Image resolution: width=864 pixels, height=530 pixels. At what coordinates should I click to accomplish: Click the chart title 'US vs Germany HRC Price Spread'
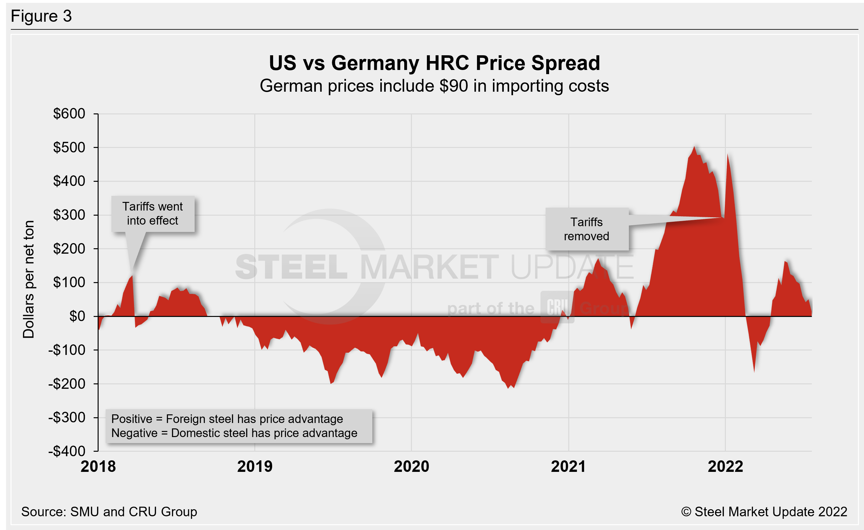click(x=434, y=63)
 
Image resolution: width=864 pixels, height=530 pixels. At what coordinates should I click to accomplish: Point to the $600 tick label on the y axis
click(x=69, y=113)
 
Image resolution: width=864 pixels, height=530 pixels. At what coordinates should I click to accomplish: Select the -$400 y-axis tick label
click(x=67, y=451)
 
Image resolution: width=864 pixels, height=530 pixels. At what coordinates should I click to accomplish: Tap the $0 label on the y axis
click(x=77, y=316)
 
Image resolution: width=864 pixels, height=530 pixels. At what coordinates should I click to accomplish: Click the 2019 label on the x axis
click(x=255, y=466)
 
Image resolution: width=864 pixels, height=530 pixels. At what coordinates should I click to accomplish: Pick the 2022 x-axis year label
click(x=725, y=466)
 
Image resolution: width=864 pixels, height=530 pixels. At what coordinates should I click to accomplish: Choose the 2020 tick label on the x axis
click(x=411, y=466)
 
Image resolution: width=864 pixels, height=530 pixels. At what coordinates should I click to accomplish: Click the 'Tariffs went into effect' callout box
click(x=153, y=213)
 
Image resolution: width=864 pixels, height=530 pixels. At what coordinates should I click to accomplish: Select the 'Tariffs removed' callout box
click(x=587, y=229)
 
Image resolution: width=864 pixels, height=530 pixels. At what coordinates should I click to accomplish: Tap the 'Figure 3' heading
click(x=41, y=16)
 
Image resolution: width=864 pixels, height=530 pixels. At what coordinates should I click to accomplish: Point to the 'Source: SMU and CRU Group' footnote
click(x=109, y=512)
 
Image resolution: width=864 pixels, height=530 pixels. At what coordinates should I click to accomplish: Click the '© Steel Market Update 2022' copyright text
click(x=764, y=512)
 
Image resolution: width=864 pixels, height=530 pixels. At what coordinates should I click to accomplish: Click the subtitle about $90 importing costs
click(x=434, y=86)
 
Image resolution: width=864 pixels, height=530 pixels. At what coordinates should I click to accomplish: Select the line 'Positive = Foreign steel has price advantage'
click(x=227, y=419)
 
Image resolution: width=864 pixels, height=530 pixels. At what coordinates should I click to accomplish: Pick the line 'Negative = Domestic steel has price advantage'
click(x=234, y=433)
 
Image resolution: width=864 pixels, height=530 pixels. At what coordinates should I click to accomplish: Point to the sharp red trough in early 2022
click(x=754, y=371)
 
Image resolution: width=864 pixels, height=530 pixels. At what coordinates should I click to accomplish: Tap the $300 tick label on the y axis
click(x=69, y=215)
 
